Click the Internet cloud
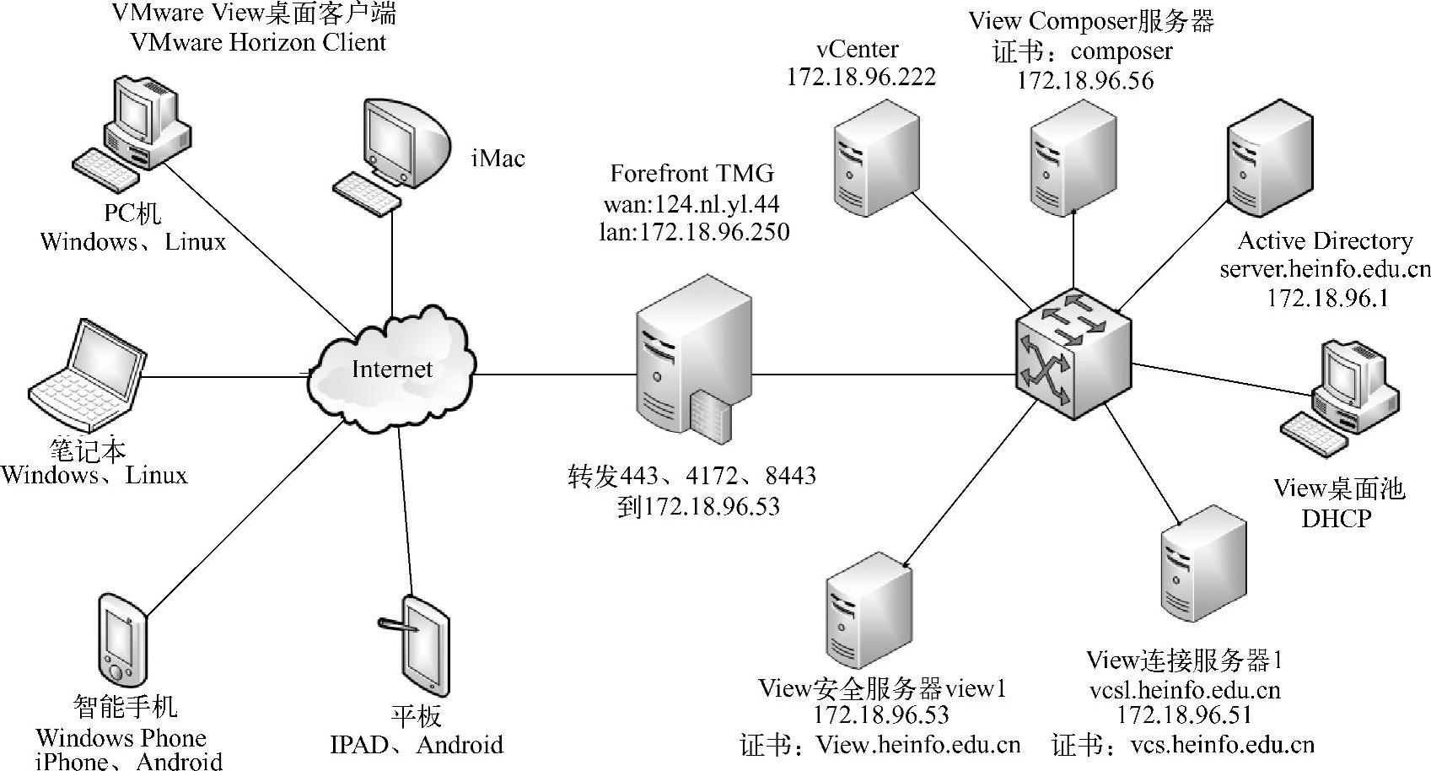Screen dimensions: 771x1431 point(392,369)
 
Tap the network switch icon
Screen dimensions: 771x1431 point(1073,354)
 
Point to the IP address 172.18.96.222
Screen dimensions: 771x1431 point(861,77)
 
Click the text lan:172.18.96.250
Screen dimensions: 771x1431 point(694,232)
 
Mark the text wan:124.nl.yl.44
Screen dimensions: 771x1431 point(691,203)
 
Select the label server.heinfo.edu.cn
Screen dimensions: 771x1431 point(1325,270)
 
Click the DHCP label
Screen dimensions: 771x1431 point(1336,518)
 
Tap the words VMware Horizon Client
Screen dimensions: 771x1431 point(259,42)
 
